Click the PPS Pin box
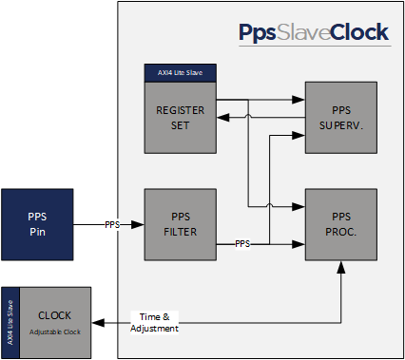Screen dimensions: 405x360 coord(37,224)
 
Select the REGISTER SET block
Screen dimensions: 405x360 coord(181,118)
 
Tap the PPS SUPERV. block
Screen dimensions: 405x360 coord(341,118)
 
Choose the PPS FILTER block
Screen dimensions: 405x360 coord(181,224)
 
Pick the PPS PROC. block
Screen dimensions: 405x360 coord(341,224)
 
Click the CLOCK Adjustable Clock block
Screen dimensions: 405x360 coord(55,323)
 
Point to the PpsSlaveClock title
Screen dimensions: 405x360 coord(314,32)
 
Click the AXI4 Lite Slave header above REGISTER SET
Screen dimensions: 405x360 coord(181,73)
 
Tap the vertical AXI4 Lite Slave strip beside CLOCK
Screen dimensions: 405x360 coord(10,323)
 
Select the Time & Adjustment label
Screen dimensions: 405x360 coord(155,323)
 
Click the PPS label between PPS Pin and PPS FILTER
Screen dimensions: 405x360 coord(112,224)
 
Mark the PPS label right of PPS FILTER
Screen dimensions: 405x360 coord(242,244)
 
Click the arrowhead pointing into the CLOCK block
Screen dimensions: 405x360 coord(98,323)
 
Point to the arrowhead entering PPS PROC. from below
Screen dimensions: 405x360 coord(341,268)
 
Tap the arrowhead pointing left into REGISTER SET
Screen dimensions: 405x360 coord(223,118)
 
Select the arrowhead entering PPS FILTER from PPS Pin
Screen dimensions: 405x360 coord(138,224)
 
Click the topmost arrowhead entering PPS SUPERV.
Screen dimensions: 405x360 coord(299,100)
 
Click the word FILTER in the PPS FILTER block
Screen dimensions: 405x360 coord(181,232)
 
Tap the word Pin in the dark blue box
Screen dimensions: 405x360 coord(37,232)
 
